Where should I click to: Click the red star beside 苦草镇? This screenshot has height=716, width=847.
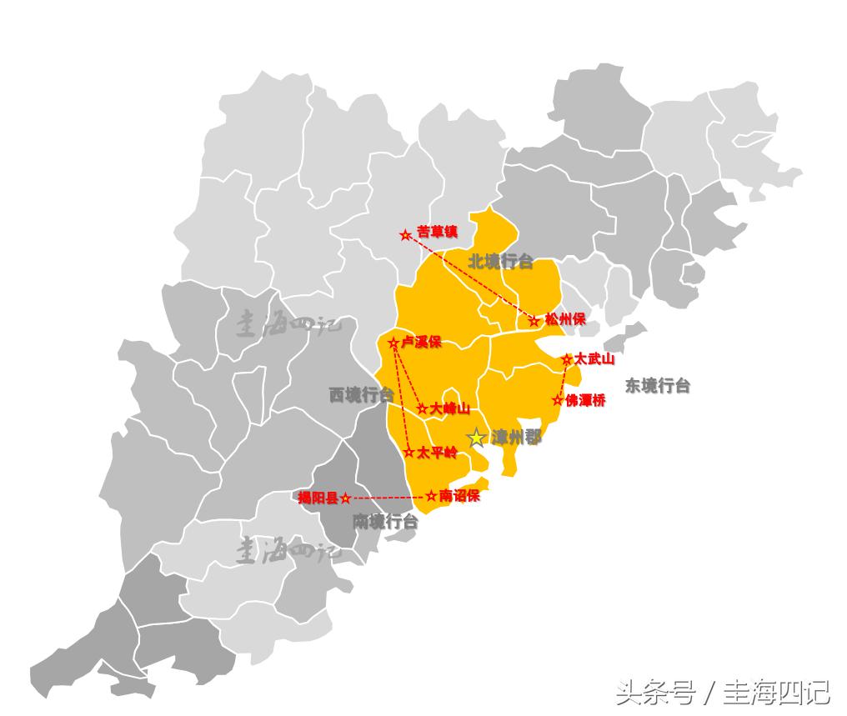406,235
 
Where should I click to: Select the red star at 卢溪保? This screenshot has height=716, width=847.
393,343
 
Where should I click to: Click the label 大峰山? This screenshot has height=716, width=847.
451,408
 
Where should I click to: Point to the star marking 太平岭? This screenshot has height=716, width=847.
408,453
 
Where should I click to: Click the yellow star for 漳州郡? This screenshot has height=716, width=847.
476,438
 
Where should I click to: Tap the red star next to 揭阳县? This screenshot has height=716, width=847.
346,498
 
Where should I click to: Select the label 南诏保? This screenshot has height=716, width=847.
459,495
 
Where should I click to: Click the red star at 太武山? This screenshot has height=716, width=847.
567,359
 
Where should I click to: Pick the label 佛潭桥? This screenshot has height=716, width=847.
585,400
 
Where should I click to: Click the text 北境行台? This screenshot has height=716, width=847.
500,262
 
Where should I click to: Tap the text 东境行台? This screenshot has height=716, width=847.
658,385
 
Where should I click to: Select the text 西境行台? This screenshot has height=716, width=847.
360,395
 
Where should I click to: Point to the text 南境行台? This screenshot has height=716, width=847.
384,522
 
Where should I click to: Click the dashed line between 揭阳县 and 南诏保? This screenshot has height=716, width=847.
388,497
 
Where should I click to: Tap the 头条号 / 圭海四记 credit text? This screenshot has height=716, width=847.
722,692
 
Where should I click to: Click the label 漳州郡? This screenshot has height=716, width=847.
516,438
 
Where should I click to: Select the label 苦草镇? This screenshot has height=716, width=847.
438,231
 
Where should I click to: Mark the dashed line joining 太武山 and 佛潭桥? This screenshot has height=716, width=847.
564,379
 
